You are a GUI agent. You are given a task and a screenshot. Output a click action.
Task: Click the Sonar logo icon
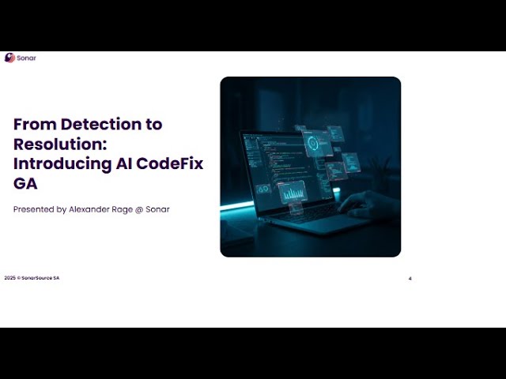[x=9, y=58]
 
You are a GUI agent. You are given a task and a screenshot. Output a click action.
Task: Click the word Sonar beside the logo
[x=26, y=58]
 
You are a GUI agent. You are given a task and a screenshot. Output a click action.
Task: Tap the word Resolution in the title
[x=57, y=144]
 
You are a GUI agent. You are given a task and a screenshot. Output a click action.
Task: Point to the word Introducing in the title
[x=62, y=164]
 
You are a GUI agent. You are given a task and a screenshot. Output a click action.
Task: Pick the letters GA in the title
[x=25, y=184]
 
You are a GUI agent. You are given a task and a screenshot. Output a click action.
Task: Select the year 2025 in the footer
[x=9, y=278]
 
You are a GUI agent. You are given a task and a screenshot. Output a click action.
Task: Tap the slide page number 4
[x=410, y=279]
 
